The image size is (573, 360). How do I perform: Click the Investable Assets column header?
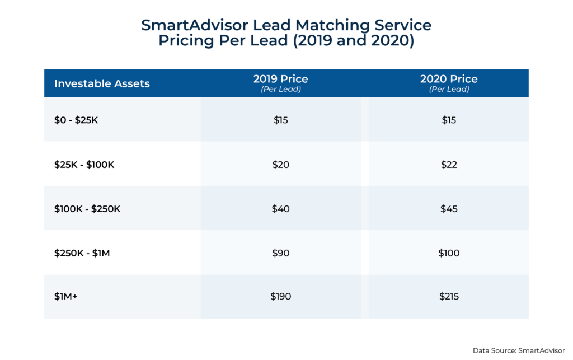(x=102, y=84)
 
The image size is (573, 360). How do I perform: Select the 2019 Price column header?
(x=280, y=83)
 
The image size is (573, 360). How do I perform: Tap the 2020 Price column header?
(x=449, y=83)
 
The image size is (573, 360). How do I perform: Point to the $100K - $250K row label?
(x=87, y=209)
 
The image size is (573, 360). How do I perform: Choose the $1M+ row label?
(x=65, y=297)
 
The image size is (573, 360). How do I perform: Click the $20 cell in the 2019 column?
(x=280, y=165)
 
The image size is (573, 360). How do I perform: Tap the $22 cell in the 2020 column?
(x=449, y=165)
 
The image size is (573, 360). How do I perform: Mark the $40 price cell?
(x=280, y=209)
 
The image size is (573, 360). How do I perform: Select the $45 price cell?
(x=449, y=209)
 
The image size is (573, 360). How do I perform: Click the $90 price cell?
(x=280, y=253)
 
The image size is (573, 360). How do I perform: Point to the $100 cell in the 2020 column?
(x=449, y=253)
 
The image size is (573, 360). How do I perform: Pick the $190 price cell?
(x=280, y=297)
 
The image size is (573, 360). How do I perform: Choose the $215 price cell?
(x=449, y=297)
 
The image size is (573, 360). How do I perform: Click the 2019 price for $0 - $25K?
(x=280, y=120)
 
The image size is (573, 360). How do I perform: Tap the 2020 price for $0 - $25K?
(x=449, y=120)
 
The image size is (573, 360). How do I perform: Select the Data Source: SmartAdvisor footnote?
(x=518, y=350)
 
